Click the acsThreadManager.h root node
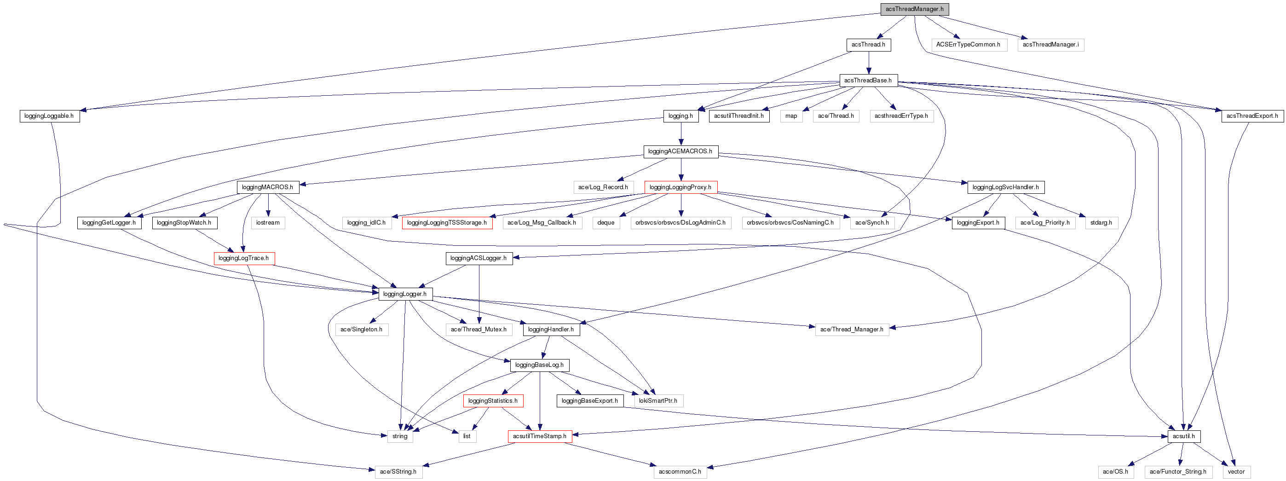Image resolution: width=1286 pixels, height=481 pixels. point(914,10)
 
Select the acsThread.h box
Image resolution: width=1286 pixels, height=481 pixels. point(868,45)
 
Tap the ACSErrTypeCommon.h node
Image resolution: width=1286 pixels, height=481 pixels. point(968,45)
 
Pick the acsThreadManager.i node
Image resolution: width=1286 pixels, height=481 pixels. point(1050,45)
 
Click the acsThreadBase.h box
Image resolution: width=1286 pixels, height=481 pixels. point(868,81)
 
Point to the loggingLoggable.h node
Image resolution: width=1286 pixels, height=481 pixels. point(49,116)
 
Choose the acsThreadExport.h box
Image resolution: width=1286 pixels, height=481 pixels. point(1252,116)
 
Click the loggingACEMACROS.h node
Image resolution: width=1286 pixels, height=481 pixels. point(680,151)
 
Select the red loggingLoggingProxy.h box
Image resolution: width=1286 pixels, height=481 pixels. point(680,187)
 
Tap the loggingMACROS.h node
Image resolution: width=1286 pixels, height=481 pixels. point(267,187)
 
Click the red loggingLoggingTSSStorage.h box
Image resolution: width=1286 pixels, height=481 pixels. point(446,223)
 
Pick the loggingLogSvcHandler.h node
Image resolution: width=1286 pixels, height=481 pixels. point(1005,187)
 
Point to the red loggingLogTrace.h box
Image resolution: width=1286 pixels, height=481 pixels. point(243,258)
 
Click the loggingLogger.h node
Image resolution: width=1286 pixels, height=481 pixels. point(405,294)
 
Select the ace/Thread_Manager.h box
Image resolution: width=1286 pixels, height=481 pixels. point(851,330)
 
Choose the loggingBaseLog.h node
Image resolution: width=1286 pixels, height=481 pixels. point(539,365)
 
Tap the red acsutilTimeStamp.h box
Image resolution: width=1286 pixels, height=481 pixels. point(539,436)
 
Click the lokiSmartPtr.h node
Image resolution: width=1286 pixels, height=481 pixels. point(658,401)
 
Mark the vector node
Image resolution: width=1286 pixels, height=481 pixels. point(1236,472)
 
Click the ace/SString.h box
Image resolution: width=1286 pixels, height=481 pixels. point(398,472)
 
